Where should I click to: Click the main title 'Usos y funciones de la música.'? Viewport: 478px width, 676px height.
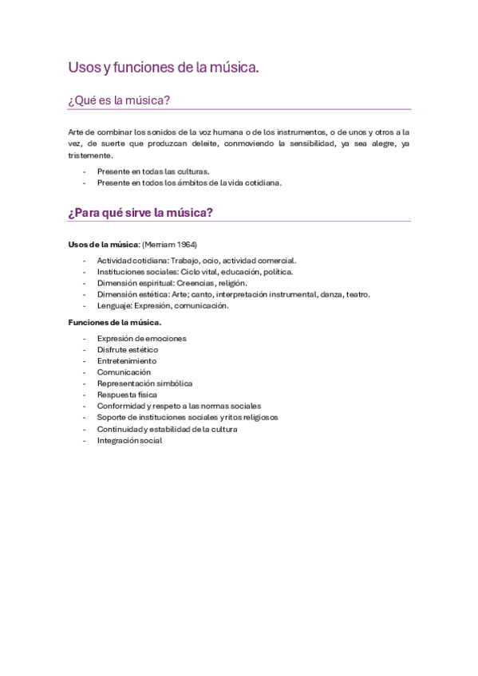164,69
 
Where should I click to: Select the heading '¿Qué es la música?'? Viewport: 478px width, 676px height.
119,100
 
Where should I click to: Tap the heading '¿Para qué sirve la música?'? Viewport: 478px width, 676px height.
140,213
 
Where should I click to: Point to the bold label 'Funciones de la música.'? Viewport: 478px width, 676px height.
115,322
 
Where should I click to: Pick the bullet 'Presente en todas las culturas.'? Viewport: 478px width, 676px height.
153,171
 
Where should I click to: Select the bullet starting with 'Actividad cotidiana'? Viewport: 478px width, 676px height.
196,260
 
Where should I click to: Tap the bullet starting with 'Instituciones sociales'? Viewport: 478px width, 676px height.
195,271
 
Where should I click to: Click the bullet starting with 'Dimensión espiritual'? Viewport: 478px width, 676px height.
172,282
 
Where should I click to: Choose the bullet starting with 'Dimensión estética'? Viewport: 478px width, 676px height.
233,293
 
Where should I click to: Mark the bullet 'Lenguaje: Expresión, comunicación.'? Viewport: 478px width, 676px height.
163,305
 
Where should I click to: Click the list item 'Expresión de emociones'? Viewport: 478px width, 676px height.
141,338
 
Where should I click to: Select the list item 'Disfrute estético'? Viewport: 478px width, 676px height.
128,349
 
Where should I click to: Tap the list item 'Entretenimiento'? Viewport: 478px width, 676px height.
127,360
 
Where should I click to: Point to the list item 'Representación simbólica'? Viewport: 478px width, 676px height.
144,383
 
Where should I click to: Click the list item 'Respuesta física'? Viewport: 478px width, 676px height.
127,395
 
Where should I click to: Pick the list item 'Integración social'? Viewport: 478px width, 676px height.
129,440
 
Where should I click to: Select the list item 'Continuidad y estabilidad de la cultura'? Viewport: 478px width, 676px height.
167,429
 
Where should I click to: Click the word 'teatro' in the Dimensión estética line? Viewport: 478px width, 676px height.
357,293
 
